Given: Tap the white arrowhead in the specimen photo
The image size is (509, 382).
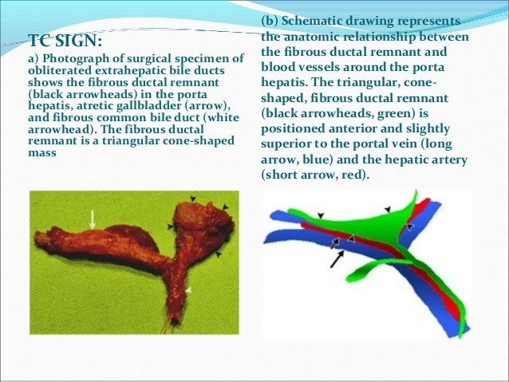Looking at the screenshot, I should [x=189, y=288].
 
